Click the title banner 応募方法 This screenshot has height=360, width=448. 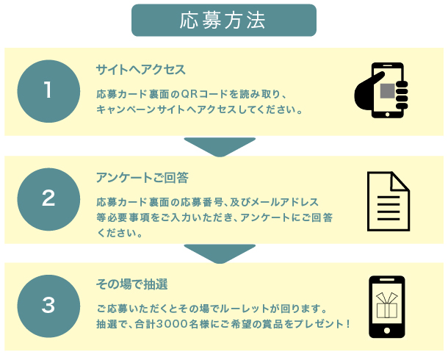point(224,21)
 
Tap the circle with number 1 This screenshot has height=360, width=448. point(48,91)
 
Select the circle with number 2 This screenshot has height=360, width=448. point(48,199)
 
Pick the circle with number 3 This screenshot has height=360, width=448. point(48,306)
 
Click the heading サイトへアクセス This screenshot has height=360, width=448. point(140,70)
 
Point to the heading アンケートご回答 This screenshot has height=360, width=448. point(142,178)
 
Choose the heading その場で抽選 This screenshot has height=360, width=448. point(131,284)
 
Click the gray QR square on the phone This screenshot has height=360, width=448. point(388,91)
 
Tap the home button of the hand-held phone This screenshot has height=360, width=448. point(388,115)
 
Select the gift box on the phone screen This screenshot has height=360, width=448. point(387,306)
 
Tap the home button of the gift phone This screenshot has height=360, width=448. point(387,331)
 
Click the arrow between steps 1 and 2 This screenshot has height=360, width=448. point(220,147)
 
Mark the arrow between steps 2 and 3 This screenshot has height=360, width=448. point(220,253)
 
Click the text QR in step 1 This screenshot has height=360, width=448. point(189,94)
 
